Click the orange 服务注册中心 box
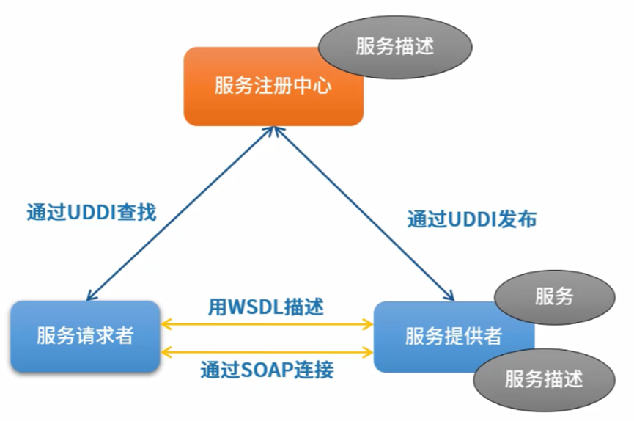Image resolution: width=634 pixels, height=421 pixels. [273, 87]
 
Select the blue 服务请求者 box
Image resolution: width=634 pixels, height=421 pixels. [85, 336]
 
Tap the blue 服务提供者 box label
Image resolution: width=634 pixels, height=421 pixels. [454, 336]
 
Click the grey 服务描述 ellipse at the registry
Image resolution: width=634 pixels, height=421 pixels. [395, 46]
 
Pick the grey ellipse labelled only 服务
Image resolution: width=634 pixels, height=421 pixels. [554, 297]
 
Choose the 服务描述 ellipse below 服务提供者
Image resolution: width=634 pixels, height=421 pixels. [545, 379]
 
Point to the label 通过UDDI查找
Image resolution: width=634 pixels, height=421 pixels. [92, 213]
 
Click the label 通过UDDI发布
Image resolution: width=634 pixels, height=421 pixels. [472, 219]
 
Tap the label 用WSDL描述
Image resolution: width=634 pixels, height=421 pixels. [265, 307]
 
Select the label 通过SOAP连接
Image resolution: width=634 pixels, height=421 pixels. [267, 370]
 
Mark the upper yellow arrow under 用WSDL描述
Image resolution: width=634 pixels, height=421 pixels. [267, 324]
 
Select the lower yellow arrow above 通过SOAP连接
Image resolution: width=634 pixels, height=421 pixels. [267, 352]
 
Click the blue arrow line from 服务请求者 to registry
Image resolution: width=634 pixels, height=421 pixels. [181, 213]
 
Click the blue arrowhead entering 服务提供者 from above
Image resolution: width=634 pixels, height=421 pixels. [449, 296]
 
